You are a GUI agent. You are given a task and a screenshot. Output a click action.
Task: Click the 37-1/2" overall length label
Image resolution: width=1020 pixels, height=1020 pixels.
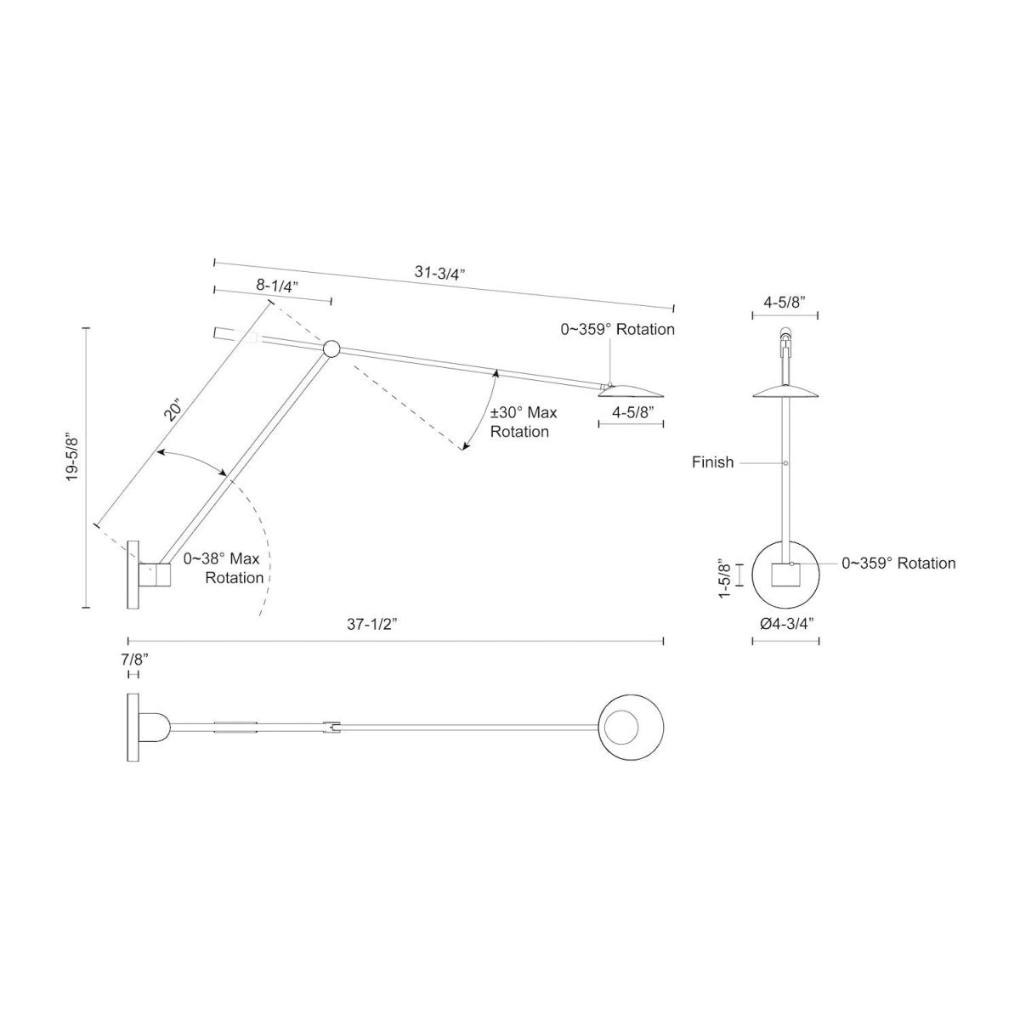371,623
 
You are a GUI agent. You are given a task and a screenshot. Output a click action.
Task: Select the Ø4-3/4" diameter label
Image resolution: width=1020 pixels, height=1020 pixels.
786,623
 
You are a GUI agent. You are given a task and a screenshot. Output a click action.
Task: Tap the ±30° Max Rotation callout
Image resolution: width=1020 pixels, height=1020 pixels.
524,422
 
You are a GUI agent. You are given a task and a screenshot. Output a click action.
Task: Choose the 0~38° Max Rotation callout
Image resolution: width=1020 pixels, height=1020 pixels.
223,568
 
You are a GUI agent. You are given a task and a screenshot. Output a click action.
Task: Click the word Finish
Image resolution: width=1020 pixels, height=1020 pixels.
712,462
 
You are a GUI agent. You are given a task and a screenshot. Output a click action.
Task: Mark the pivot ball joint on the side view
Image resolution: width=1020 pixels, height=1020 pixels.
331,348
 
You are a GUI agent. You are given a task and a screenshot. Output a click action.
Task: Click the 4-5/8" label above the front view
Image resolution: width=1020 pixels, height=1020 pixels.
786,301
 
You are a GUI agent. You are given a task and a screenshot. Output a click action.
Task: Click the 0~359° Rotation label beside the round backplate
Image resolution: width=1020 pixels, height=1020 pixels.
898,563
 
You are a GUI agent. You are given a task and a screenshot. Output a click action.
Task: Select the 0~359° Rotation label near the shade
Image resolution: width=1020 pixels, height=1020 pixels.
617,329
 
